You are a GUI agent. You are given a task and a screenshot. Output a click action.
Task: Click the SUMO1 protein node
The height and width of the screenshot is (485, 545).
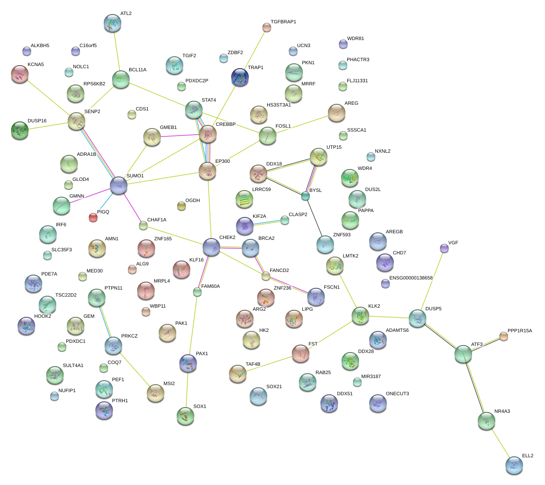119,186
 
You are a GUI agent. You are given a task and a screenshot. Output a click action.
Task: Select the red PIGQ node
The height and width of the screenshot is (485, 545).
93,217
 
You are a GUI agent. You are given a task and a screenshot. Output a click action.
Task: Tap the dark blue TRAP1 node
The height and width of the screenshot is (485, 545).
240,77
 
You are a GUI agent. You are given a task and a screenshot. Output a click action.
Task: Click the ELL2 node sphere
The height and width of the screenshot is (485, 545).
514,465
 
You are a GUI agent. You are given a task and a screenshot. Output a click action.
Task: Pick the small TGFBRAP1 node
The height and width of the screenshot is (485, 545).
267,27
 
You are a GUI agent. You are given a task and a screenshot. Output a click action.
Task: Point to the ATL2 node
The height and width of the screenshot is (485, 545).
113,23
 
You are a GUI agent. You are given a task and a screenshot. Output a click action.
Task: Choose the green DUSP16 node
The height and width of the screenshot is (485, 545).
20,130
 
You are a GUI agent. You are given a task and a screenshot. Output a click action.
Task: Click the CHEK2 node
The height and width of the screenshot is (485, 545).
211,247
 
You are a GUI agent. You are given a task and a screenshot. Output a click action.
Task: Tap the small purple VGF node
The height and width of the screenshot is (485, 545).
444,248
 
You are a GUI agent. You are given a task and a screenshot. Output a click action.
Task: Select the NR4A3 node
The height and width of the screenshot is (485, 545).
487,421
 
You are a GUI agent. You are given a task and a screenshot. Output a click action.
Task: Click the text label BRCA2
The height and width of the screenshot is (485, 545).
266,239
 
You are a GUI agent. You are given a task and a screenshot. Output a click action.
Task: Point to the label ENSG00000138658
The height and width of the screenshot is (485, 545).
411,278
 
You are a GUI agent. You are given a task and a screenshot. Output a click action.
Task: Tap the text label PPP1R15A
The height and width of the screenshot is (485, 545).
520,331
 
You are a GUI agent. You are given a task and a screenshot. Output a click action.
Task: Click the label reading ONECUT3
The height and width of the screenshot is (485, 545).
397,394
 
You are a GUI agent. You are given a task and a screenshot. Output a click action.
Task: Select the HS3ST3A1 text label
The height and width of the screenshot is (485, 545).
279,105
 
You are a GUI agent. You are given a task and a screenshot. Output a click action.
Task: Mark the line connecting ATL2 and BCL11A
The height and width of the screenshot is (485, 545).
116,51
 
